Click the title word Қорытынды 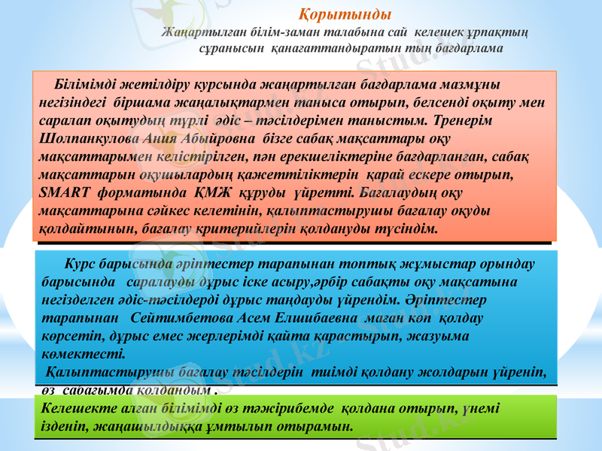(x=345, y=14)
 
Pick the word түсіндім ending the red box (x=404, y=226)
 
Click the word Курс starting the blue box (x=81, y=266)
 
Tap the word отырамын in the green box (x=317, y=426)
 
